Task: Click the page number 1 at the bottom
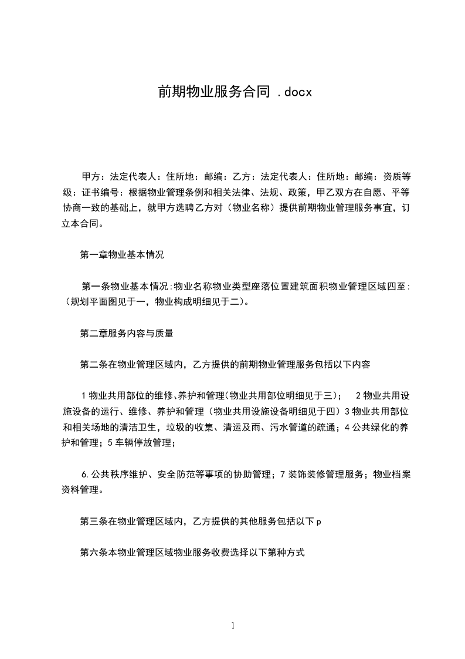coord(233,626)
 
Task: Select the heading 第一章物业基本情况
coord(121,255)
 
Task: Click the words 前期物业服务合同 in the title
coord(213,92)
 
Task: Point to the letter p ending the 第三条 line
coord(318,521)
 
